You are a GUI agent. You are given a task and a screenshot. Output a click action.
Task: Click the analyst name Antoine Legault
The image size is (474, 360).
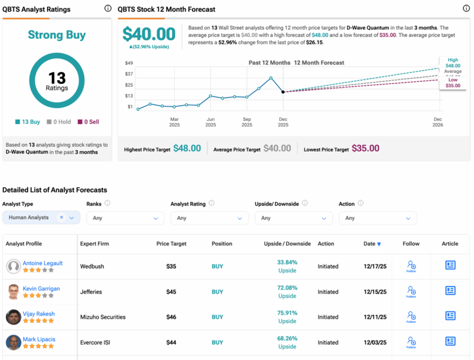[x=43, y=263]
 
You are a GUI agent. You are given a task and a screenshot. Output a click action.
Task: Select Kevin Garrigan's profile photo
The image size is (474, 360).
[x=13, y=291]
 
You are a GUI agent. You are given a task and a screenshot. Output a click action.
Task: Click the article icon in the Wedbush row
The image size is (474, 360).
[x=450, y=266]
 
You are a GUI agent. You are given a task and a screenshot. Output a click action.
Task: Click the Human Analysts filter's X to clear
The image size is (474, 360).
[x=61, y=217]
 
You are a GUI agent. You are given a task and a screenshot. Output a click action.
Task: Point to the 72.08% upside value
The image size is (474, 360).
[x=287, y=288]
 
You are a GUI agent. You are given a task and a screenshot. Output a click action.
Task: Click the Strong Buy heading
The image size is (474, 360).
[x=57, y=35]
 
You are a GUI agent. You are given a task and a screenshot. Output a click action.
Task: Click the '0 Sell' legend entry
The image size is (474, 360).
[x=91, y=122]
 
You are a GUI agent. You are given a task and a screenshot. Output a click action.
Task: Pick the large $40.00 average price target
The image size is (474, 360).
[x=149, y=34]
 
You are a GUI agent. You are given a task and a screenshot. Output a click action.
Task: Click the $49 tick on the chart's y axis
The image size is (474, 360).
[x=129, y=63]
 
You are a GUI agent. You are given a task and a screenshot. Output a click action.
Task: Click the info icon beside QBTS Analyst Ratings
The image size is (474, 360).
[x=108, y=9]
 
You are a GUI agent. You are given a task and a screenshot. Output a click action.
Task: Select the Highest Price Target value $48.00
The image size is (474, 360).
[x=186, y=148]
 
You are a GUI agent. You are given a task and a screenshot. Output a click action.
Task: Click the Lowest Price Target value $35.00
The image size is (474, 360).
[x=365, y=148]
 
